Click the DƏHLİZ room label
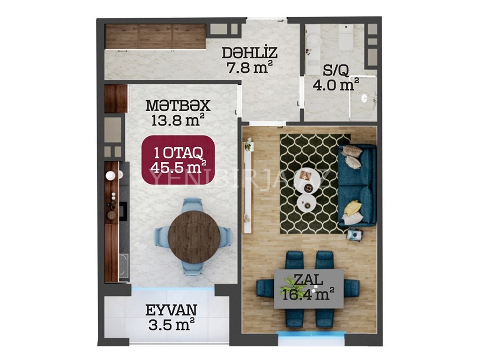tap(249, 52)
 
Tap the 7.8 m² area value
tap(249, 67)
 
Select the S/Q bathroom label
tap(336, 71)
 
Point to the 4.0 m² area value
tap(336, 85)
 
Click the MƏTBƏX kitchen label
tap(178, 105)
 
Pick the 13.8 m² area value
tap(178, 120)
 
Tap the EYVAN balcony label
tap(171, 310)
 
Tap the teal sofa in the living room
tap(357, 186)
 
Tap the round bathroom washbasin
tap(313, 41)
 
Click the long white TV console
tap(247, 187)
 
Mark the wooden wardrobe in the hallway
tap(155, 37)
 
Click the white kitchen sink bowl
tap(111, 175)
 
